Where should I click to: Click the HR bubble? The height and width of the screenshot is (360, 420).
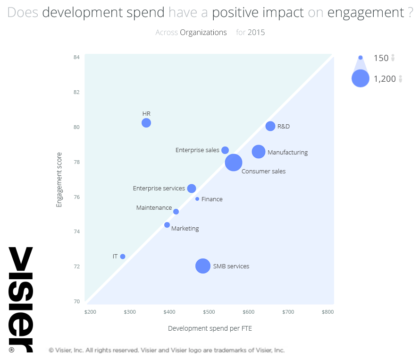pos(146,123)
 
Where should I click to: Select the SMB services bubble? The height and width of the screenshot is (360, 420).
pos(203,266)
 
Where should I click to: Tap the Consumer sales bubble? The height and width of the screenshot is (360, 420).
pos(234,163)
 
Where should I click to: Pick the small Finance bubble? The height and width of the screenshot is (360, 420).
pos(197,199)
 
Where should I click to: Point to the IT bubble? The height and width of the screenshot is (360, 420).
pos(123,257)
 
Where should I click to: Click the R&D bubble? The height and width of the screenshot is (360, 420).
pos(270,126)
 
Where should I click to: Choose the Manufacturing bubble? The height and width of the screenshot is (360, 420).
pos(259,152)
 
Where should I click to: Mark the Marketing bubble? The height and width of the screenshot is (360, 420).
pos(167,225)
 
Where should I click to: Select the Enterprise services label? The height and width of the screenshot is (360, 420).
pos(159,189)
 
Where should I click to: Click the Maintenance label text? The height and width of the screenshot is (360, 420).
pos(154,208)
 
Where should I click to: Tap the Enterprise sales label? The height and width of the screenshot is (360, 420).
pos(197,150)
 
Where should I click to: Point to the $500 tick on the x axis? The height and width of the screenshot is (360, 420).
pos(209,312)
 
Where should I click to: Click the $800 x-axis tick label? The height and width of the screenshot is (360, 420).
pos(328,312)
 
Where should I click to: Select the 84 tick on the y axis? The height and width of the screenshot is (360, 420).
pos(76,58)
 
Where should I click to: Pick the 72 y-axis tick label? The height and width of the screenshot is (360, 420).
pos(76,266)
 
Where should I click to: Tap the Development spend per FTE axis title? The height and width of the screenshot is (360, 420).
pos(210,328)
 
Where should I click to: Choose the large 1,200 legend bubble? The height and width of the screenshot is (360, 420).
pos(361,78)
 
